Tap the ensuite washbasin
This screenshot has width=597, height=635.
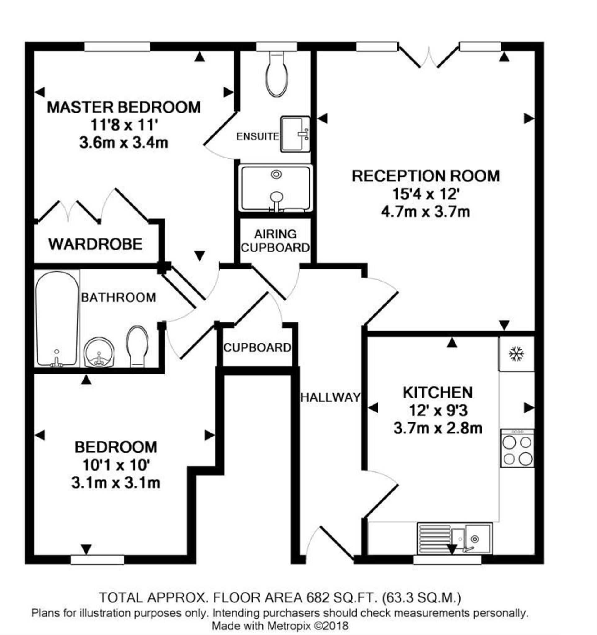(295, 134)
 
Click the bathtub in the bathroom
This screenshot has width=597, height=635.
(57, 319)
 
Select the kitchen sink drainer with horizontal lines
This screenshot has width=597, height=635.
(434, 539)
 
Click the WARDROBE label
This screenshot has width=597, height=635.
(95, 244)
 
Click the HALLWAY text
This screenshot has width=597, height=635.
(331, 397)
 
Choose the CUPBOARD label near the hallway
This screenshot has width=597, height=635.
(257, 348)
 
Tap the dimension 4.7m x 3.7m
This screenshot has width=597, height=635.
(425, 212)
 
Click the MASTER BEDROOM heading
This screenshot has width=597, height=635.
(124, 107)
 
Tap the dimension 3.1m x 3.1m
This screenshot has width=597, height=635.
(115, 483)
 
